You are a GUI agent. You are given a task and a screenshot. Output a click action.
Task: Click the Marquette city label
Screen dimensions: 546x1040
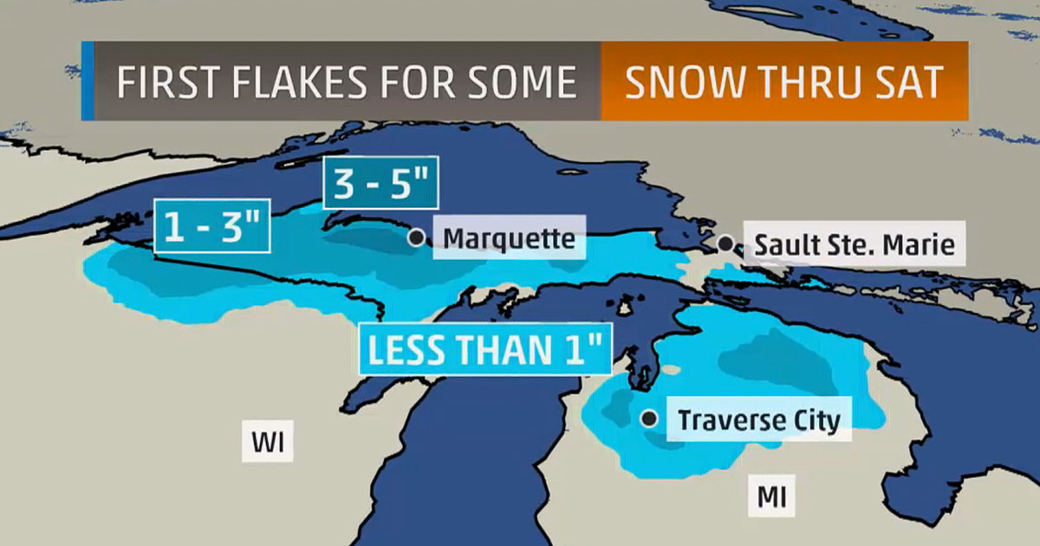coord(508,238)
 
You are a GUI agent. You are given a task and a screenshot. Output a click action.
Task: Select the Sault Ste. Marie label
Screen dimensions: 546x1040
coord(854,245)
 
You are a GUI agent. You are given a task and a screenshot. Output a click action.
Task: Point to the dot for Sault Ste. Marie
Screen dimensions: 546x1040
coord(725,244)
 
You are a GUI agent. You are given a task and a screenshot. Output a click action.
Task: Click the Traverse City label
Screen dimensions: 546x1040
coord(758,420)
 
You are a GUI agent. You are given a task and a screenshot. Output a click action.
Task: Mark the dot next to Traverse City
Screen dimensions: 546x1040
coord(649,419)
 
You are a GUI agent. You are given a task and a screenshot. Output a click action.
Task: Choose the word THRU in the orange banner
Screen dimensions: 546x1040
coord(800,81)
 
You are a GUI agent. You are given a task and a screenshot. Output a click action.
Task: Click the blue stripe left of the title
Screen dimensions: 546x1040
coord(87,81)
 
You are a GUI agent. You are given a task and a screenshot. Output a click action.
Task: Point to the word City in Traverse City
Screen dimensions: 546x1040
coord(810,420)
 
